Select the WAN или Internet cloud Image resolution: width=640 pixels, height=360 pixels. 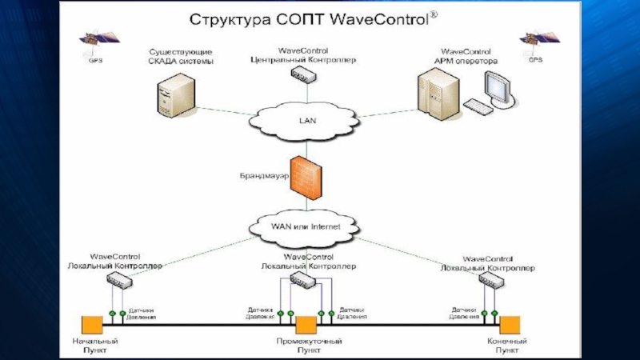click(305, 226)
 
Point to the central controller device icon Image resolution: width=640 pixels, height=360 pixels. click(303, 75)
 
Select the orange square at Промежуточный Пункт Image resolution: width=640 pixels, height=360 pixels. click(306, 325)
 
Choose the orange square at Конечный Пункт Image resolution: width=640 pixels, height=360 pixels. click(510, 325)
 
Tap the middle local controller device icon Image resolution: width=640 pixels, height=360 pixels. click(302, 278)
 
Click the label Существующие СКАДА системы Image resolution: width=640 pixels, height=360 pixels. click(181, 56)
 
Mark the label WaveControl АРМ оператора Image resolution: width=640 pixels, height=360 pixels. click(469, 56)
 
